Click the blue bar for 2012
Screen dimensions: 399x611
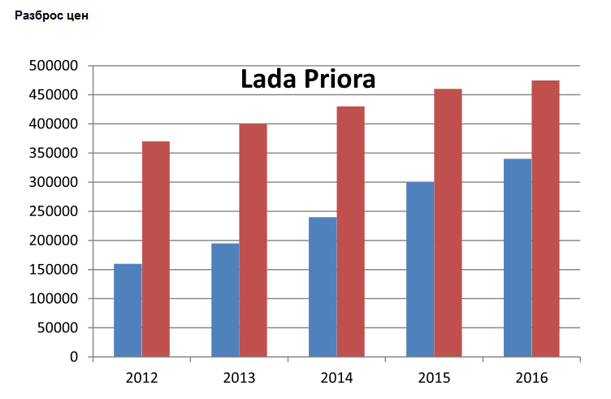tap(128, 310)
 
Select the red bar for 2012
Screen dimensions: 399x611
tap(156, 249)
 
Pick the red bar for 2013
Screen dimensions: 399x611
tap(253, 240)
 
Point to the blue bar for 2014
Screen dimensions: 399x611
tap(323, 287)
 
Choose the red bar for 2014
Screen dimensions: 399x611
tap(351, 232)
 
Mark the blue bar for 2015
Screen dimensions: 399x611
tap(420, 269)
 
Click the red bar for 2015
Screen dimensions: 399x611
tap(448, 223)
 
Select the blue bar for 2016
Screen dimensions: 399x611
tap(518, 258)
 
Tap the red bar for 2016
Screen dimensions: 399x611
tap(546, 219)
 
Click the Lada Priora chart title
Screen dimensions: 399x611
tap(308, 80)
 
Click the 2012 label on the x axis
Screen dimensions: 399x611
tap(141, 379)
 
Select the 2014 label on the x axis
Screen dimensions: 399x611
tap(336, 379)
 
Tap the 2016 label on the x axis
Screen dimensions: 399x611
tap(531, 379)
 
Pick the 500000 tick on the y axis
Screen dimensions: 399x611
tap(53, 66)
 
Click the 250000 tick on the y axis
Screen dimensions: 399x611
tap(53, 211)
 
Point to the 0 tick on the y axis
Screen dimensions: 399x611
tap(73, 357)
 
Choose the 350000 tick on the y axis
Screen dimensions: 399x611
tap(53, 153)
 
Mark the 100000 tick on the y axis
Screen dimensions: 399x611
tap(53, 298)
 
